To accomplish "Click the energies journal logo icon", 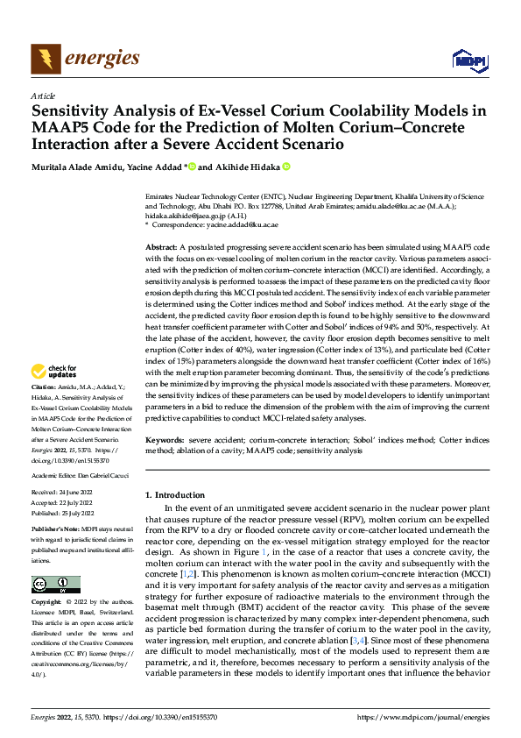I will pos(43,59).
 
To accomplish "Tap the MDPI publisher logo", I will pos(465,60).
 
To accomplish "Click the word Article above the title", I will pos(43,96).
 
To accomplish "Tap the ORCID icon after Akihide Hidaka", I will pos(285,167).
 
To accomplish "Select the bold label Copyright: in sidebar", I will pos(47,602).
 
